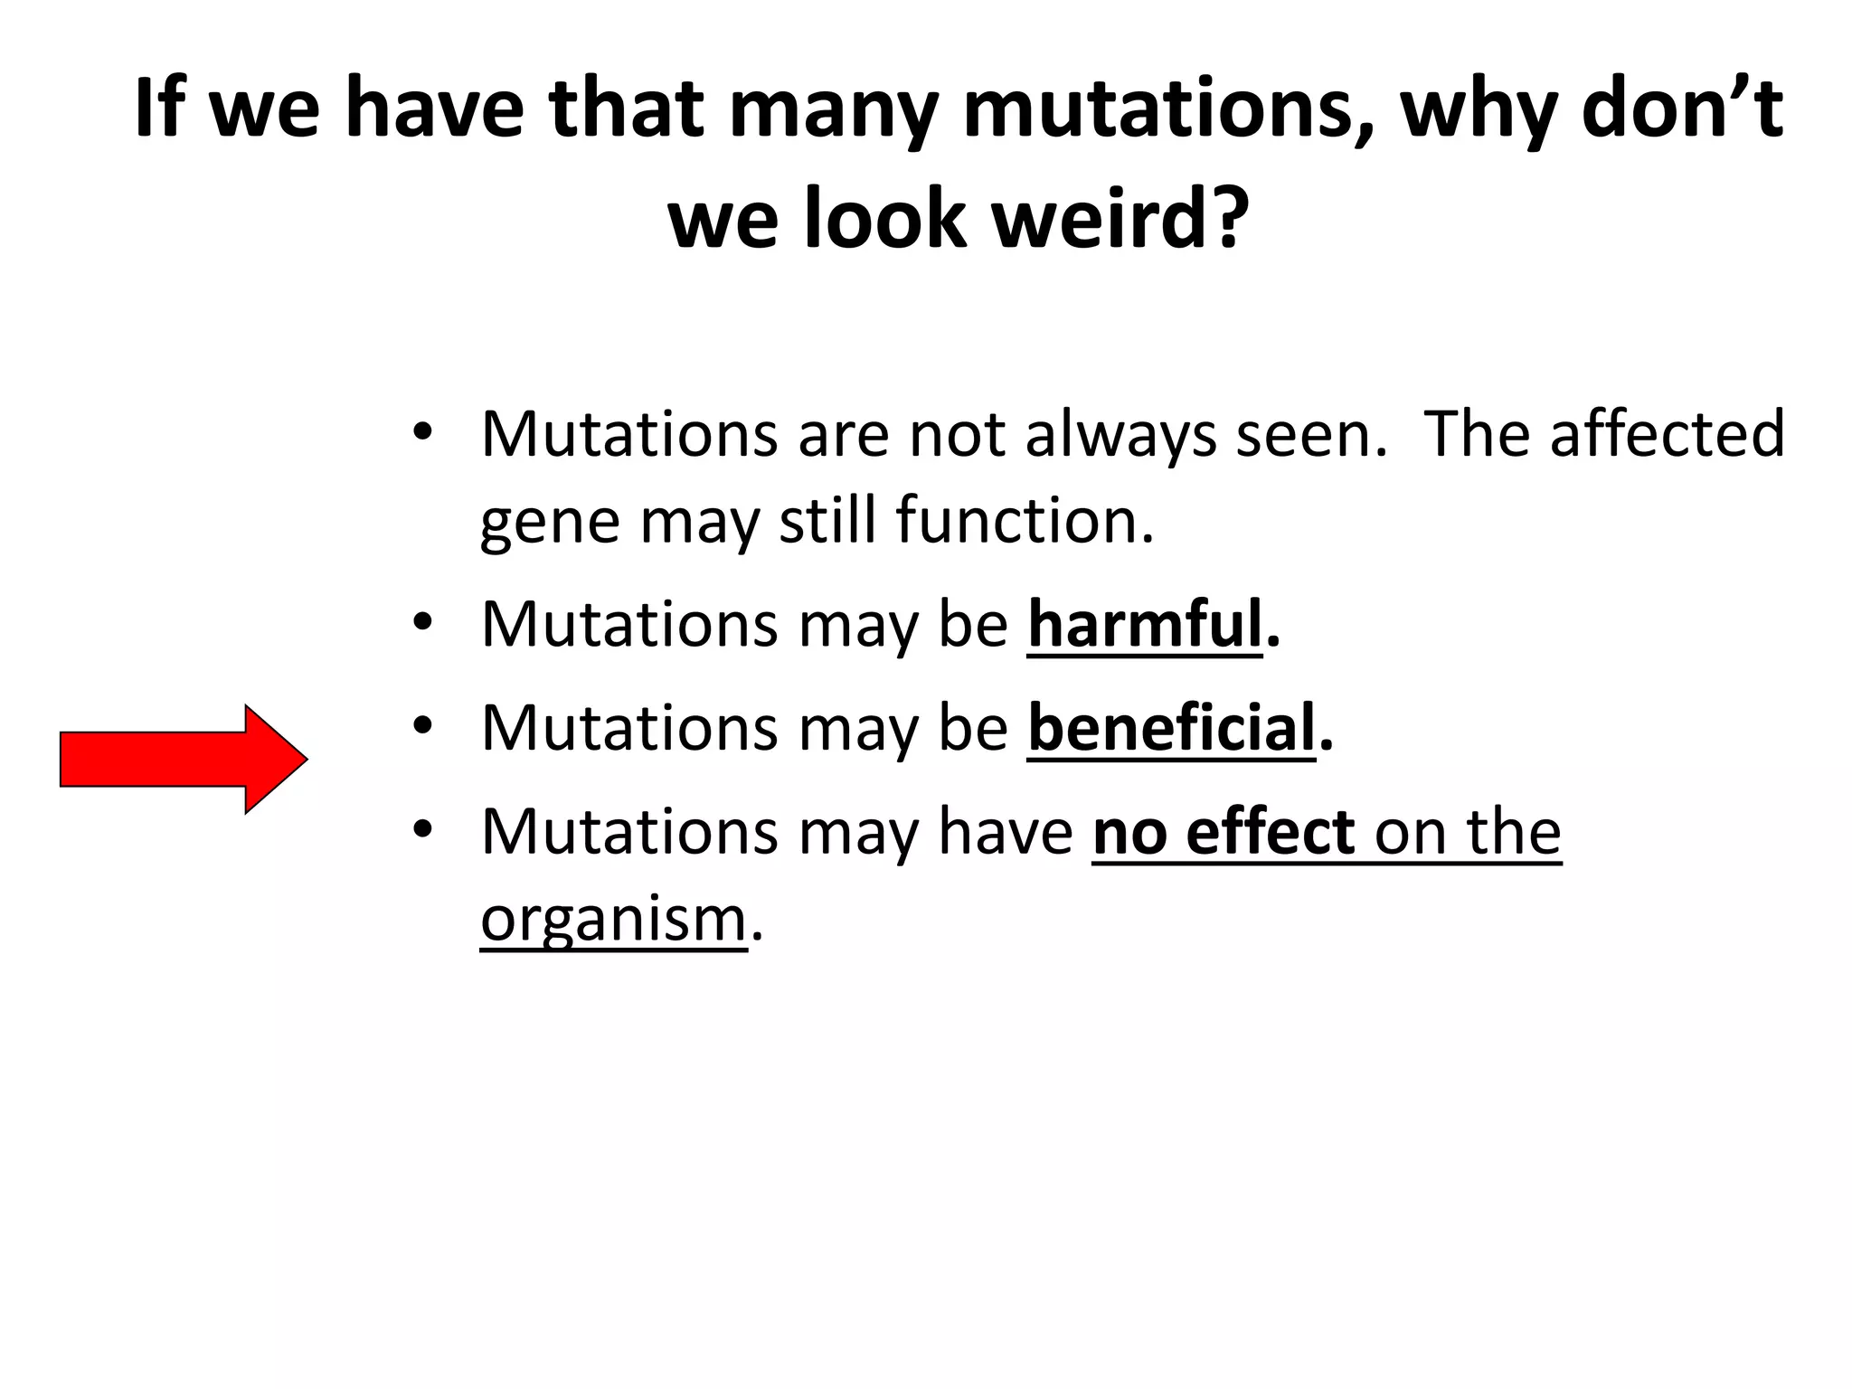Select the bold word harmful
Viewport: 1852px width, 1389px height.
[x=1144, y=624]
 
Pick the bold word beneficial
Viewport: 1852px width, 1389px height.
[x=1171, y=728]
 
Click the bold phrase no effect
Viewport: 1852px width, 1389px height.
[x=1224, y=832]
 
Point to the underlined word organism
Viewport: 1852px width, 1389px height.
[x=613, y=920]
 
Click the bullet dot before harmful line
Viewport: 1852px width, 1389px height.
[x=422, y=624]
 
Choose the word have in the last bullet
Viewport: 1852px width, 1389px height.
[x=1005, y=832]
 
